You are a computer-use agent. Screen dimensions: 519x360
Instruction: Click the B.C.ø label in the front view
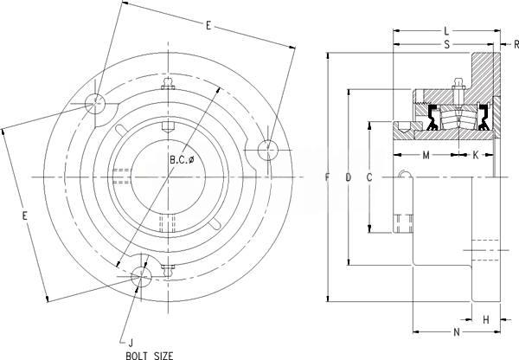(182, 160)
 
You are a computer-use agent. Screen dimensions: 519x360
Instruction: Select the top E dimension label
(208, 25)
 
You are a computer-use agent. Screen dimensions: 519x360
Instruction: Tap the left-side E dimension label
(24, 216)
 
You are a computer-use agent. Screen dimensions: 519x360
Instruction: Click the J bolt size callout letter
(131, 342)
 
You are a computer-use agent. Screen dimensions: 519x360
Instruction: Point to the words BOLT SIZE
(150, 356)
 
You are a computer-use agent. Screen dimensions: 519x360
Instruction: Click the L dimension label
(446, 31)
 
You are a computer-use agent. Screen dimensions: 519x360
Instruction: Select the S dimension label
(447, 44)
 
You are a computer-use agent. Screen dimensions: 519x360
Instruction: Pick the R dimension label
(516, 44)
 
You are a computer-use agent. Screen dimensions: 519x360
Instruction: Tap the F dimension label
(327, 177)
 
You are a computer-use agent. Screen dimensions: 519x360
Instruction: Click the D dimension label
(349, 177)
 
